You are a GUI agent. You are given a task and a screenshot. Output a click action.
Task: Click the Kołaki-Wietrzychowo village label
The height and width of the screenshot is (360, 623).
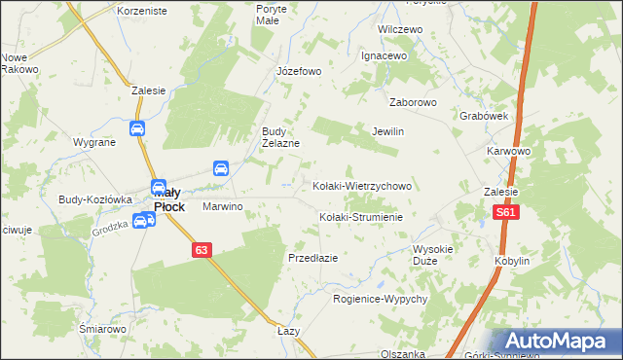coord(362,185)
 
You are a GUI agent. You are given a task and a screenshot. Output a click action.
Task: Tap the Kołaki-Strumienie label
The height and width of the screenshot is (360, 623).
coord(361,217)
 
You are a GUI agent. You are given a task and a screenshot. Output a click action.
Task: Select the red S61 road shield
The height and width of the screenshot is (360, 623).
coord(505,213)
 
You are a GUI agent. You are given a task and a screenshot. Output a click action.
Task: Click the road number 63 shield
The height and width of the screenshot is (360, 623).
coord(201,250)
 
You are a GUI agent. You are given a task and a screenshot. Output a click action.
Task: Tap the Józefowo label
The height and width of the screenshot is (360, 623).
coord(298,71)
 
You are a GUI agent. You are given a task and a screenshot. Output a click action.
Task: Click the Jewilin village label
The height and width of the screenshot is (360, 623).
coord(387,131)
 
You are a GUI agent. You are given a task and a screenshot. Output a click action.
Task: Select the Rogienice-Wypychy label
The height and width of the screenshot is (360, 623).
coord(381,299)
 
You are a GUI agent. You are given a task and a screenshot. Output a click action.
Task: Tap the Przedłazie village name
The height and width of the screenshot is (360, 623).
coord(312,258)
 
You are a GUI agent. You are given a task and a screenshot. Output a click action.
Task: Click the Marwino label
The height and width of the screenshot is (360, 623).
coord(221,207)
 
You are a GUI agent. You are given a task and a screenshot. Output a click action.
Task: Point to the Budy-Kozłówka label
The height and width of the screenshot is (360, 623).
coord(94,198)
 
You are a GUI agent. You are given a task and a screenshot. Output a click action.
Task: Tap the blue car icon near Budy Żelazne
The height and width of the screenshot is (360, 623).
coord(221,168)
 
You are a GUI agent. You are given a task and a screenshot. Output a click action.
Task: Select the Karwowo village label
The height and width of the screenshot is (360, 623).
coord(508,152)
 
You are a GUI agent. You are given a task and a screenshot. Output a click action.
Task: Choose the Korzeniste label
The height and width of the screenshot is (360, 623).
coord(141,10)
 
